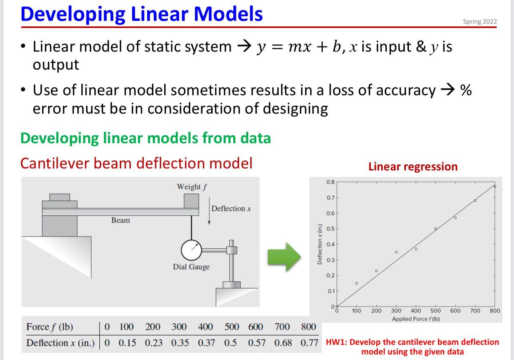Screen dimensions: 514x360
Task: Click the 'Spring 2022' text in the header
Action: click(x=480, y=22)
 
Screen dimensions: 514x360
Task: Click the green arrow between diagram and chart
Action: click(x=284, y=257)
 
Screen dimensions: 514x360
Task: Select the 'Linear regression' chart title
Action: click(x=413, y=167)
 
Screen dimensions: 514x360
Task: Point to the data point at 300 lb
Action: click(x=396, y=252)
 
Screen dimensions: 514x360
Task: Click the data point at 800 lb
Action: click(x=495, y=186)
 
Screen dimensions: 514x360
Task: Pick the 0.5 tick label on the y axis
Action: click(x=330, y=229)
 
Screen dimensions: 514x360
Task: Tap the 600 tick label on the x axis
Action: click(x=455, y=311)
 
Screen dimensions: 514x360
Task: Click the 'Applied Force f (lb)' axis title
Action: click(x=416, y=319)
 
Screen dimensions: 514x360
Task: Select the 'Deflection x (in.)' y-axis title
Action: click(x=319, y=244)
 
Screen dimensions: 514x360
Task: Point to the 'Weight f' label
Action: click(x=192, y=187)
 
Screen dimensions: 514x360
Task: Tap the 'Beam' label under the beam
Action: click(x=120, y=220)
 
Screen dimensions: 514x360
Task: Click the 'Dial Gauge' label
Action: click(x=191, y=267)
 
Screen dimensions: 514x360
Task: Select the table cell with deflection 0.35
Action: click(x=180, y=343)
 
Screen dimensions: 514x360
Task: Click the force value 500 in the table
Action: click(x=232, y=327)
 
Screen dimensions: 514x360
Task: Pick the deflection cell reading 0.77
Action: click(x=309, y=343)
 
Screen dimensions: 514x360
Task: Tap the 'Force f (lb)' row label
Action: click(x=50, y=327)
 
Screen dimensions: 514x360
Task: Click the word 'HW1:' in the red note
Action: click(x=336, y=342)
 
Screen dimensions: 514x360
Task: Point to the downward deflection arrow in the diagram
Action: click(x=209, y=211)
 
